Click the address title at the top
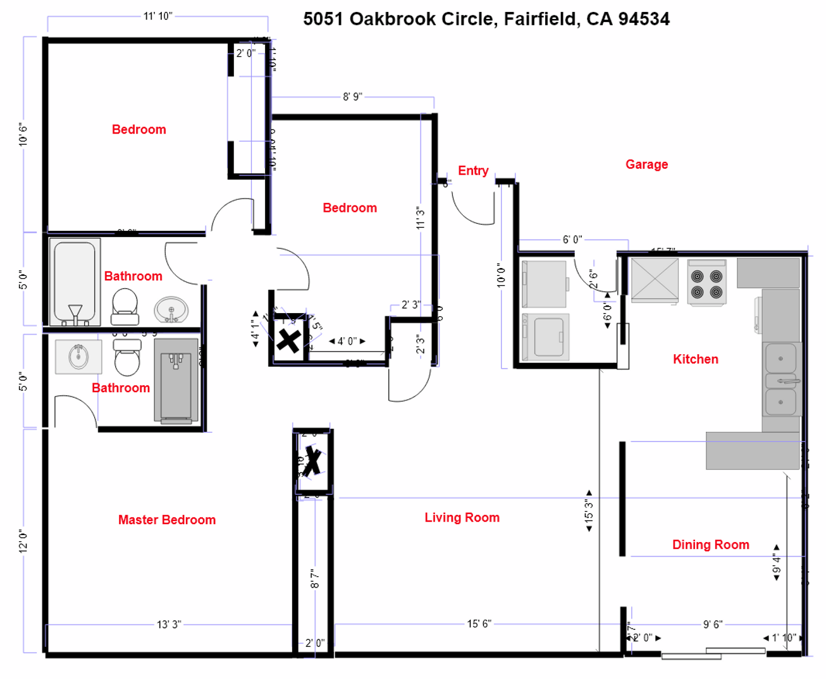[486, 19]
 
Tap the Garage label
[646, 164]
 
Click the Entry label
[473, 171]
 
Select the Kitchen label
[695, 359]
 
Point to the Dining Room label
[710, 545]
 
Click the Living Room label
[462, 517]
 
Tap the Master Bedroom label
[167, 520]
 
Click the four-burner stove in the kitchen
[706, 283]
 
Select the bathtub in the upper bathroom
[75, 282]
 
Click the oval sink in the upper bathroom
[171, 310]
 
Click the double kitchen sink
[782, 379]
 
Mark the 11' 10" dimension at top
[157, 16]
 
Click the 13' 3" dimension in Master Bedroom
[169, 624]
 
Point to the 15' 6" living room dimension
[479, 624]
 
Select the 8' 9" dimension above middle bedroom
[352, 97]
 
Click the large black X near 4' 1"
[288, 341]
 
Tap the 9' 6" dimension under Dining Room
[713, 624]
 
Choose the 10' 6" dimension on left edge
[23, 135]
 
